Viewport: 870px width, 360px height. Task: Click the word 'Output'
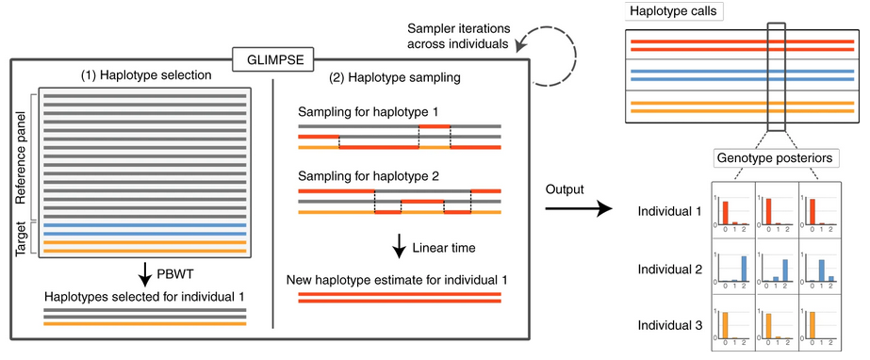tap(566, 189)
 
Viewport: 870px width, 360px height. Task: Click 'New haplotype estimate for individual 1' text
tap(399, 280)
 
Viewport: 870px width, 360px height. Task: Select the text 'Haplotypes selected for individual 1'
tap(145, 296)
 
